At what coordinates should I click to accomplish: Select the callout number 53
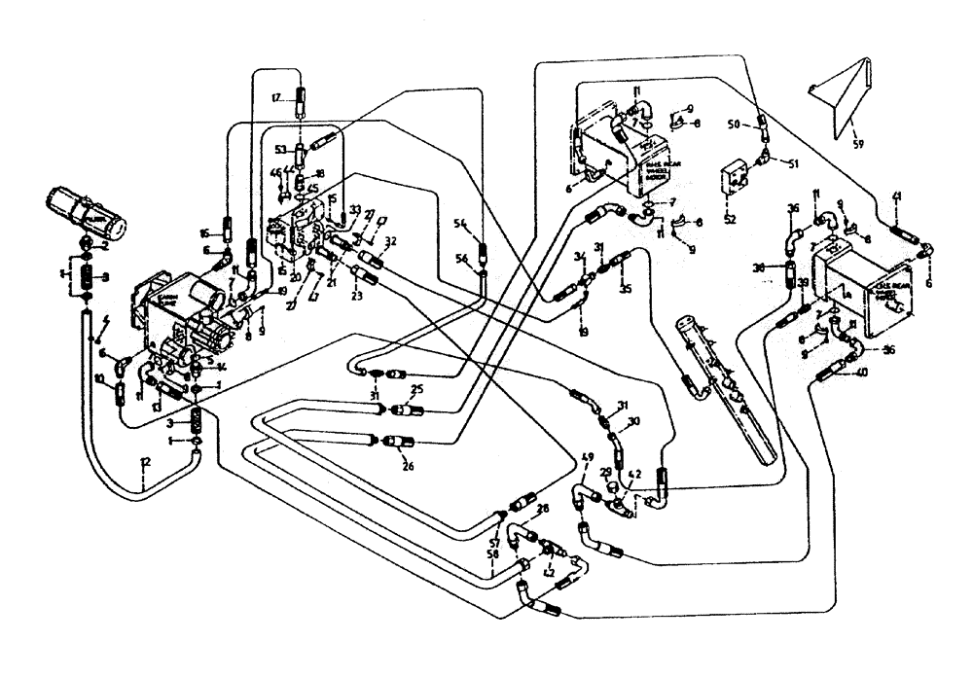280,150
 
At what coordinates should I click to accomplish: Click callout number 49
587,458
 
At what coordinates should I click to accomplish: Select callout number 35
626,289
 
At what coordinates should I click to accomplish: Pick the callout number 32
390,241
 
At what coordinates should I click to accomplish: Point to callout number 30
633,421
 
